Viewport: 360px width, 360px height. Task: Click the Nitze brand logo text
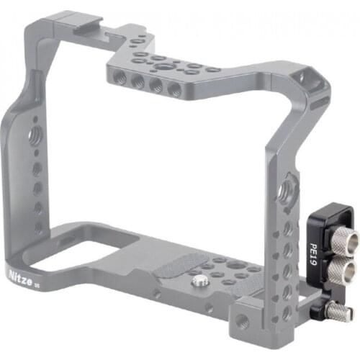click(x=20, y=276)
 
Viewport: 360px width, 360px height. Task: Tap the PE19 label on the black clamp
click(x=313, y=254)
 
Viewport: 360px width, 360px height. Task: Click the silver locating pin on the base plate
click(x=199, y=280)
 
